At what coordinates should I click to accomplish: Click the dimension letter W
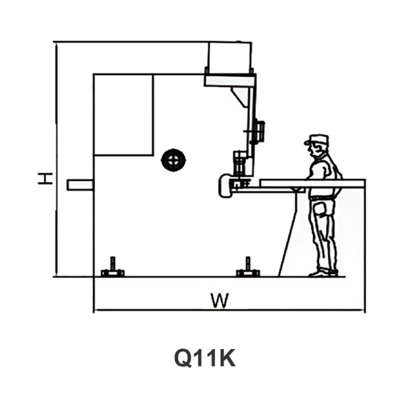pos(220,300)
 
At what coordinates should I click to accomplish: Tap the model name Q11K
pos(205,357)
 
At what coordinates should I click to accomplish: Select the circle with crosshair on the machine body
pos(173,159)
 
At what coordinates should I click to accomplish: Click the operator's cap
pos(317,139)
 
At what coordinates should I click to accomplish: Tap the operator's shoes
pos(323,272)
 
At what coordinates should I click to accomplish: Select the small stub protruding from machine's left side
pos(80,184)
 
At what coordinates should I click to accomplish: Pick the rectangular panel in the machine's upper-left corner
pos(124,115)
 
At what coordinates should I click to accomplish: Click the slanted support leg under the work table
pos(287,234)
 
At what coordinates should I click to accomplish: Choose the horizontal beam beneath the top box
pos(230,79)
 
